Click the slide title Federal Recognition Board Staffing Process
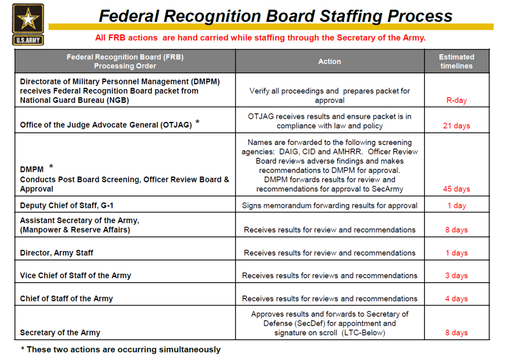pyautogui.click(x=275, y=16)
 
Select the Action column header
pyautogui.click(x=330, y=62)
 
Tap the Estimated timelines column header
pyautogui.click(x=456, y=62)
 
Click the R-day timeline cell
pyautogui.click(x=456, y=100)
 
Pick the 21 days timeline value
pyautogui.click(x=456, y=126)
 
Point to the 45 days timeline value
pyautogui.click(x=456, y=189)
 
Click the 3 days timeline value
pyautogui.click(x=456, y=275)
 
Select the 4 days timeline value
pyautogui.click(x=456, y=299)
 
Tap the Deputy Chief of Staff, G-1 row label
pyautogui.click(x=67, y=206)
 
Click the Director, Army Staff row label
pyautogui.click(x=57, y=253)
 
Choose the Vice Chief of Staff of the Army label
pyautogui.click(x=76, y=275)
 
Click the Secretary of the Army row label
pyautogui.click(x=60, y=333)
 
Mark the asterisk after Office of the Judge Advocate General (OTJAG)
pyautogui.click(x=197, y=123)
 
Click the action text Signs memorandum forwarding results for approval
pyautogui.click(x=330, y=206)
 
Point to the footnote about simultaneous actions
pyautogui.click(x=121, y=350)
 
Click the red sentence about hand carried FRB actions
pyautogui.click(x=260, y=38)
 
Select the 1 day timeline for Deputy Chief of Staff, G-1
pyautogui.click(x=456, y=206)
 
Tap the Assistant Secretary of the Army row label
pyautogui.click(x=80, y=225)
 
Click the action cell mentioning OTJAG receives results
pyautogui.click(x=330, y=121)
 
